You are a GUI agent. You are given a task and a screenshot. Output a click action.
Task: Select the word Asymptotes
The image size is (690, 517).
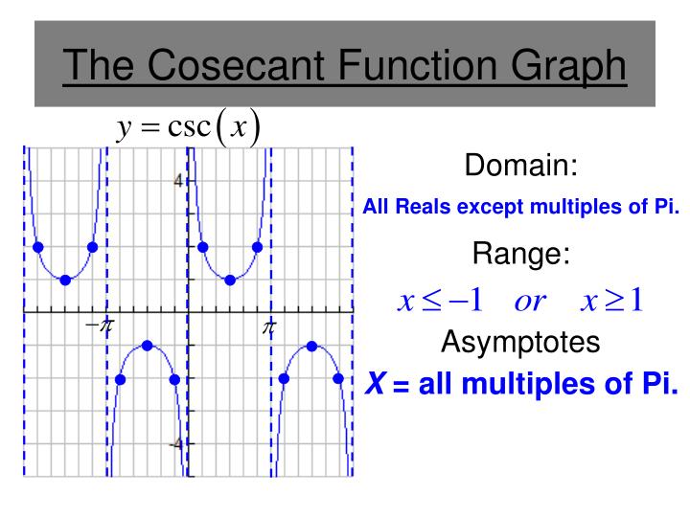(x=521, y=340)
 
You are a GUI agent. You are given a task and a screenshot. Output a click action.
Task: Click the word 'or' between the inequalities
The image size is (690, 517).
(x=528, y=302)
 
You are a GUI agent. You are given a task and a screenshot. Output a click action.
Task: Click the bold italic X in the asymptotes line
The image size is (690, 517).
(x=376, y=385)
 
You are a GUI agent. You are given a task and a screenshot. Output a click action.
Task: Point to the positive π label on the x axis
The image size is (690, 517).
(x=269, y=328)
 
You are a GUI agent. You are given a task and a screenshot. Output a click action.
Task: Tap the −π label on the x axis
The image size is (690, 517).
(x=99, y=327)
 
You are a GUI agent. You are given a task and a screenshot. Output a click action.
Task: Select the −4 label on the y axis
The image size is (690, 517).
(x=174, y=444)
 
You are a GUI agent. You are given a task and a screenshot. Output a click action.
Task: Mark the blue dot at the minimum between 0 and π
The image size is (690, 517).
(x=230, y=280)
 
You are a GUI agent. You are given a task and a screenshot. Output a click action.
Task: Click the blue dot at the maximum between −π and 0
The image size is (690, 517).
(x=148, y=346)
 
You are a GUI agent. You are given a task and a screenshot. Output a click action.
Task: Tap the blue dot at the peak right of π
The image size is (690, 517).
(x=311, y=346)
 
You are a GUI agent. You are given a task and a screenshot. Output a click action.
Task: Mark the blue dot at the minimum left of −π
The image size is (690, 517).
(x=65, y=280)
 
